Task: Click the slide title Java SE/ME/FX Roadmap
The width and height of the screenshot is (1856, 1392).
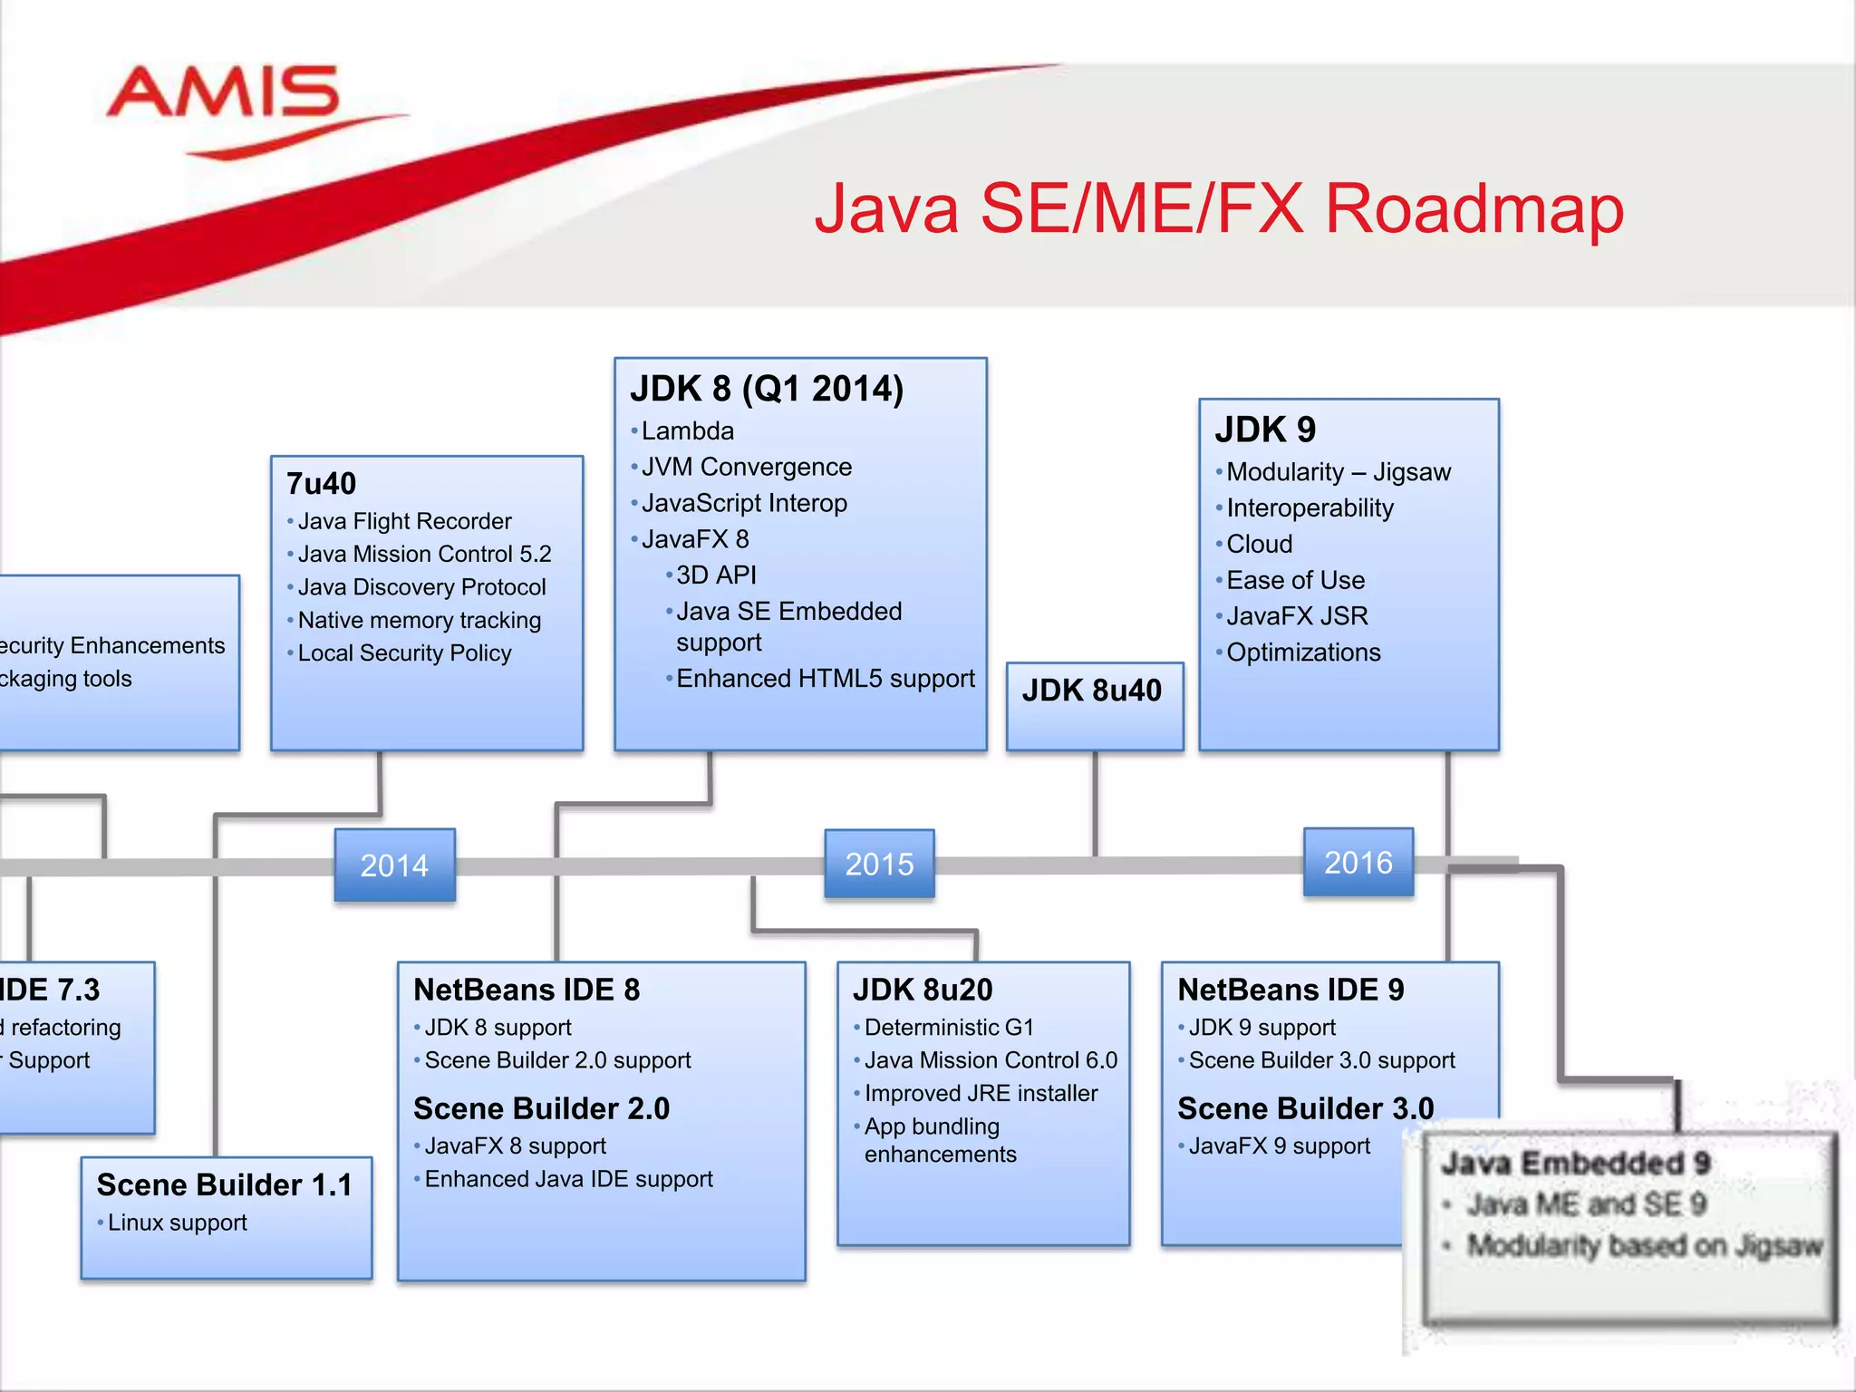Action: point(1219,209)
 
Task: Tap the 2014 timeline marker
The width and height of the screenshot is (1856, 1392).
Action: point(394,865)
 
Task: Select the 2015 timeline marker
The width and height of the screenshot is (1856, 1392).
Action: point(879,864)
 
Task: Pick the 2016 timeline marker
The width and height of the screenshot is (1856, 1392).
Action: point(1358,862)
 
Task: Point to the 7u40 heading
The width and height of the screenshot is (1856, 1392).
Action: point(322,484)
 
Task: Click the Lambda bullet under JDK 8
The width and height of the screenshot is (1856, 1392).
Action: point(687,431)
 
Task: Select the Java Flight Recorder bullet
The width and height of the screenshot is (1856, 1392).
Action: point(404,521)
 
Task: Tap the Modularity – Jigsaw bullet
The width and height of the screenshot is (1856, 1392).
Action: point(1338,472)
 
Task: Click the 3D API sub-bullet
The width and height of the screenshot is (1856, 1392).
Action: point(716,575)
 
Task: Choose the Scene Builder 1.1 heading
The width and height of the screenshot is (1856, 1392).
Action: point(225,1185)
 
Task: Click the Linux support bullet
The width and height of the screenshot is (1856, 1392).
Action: point(177,1223)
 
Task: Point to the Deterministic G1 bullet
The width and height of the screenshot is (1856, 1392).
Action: point(948,1028)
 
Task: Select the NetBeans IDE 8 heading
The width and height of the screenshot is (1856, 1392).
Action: point(527,990)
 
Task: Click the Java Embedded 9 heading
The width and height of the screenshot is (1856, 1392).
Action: point(1575,1164)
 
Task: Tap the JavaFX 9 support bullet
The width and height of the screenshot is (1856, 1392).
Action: point(1279,1146)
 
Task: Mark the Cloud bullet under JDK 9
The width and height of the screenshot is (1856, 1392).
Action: point(1259,545)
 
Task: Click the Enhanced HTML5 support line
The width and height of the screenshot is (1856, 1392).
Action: point(825,679)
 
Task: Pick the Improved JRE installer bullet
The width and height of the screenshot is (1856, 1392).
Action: point(981,1094)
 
